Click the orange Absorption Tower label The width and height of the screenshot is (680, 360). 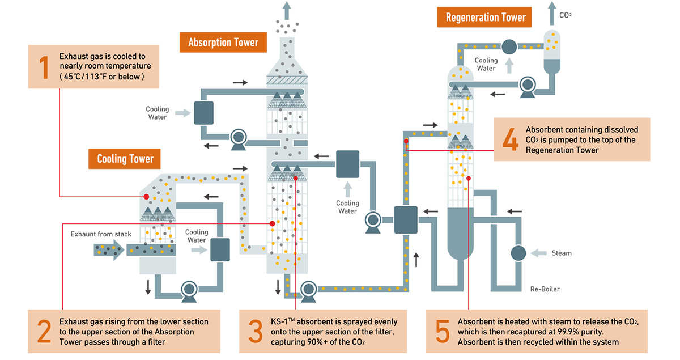coord(223,43)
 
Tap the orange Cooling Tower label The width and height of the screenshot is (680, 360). coord(125,159)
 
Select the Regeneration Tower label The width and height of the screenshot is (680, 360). coord(486,18)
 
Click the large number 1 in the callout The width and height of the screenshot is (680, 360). coord(44,67)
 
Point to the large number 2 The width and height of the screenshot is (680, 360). coord(44,331)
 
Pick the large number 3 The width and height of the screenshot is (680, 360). coord(255,331)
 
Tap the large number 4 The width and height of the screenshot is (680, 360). coord(511,140)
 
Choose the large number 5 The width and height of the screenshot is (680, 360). coord(442,331)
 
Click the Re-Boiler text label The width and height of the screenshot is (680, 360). coord(545,289)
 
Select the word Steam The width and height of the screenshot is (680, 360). coord(562,253)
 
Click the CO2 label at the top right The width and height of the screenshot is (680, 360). coord(566,15)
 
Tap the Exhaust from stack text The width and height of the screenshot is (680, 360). coord(101,234)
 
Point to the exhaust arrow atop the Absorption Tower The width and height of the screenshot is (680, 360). coord(288,10)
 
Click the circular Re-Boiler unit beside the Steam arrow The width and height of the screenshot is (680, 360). coord(518,253)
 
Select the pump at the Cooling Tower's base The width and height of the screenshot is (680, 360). coord(188,291)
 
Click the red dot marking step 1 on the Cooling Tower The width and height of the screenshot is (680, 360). coord(146,197)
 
